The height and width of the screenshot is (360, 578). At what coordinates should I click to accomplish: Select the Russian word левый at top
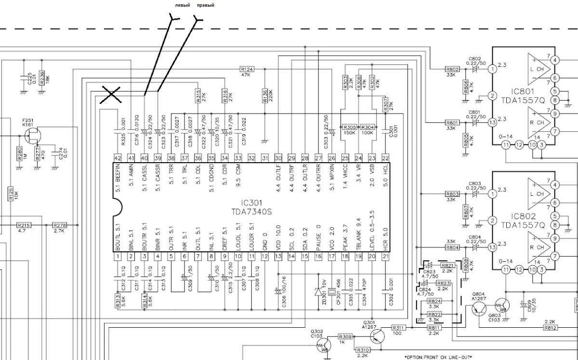pos(182,5)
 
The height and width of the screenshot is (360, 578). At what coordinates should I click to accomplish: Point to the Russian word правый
pos(206,5)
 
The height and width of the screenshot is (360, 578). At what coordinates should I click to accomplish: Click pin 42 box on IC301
pos(117,158)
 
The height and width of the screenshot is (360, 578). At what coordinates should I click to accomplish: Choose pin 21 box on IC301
pos(385,257)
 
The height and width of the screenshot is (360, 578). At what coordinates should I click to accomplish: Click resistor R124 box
pos(247,69)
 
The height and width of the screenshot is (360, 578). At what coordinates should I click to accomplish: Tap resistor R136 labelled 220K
pos(264,96)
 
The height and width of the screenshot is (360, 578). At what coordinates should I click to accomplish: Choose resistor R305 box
pos(350,127)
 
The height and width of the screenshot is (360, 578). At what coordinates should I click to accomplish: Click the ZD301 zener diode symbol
pos(318,291)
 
